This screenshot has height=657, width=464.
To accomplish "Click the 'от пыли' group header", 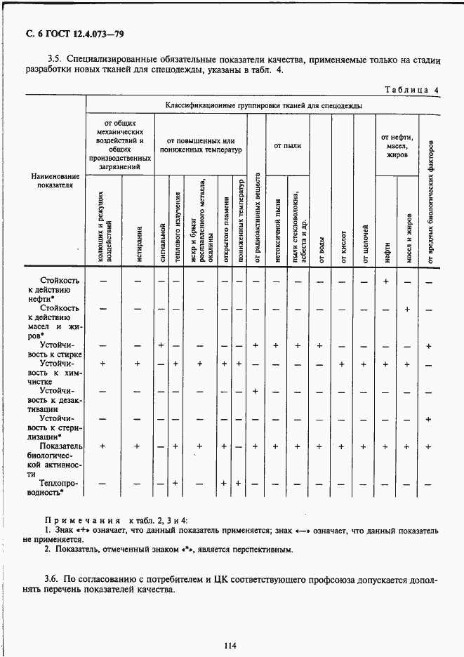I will coord(287,145).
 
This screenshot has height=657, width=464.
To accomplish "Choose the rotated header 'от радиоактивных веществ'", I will coord(257,218).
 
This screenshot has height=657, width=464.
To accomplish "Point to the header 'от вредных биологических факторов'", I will coord(429,204).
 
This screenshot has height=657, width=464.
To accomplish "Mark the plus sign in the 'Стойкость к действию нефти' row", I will coord(385,281).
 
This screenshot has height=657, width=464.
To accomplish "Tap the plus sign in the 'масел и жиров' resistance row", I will coord(407,309).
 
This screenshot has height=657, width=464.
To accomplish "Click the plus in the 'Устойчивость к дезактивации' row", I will coord(256,391).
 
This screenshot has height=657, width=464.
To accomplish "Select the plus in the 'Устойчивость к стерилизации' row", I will coord(428,419).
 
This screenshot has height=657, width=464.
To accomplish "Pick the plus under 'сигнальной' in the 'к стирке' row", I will coord(161,345).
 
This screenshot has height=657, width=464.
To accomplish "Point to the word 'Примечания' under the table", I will coord(73,520).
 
